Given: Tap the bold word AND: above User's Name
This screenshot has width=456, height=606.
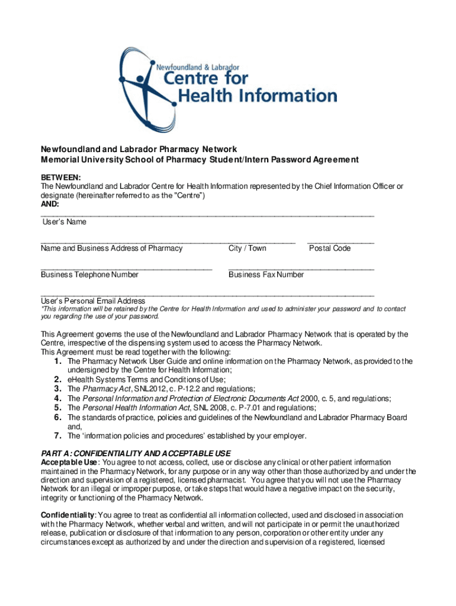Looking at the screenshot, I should pos(50,204).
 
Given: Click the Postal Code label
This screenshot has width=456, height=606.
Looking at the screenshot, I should pos(330,249).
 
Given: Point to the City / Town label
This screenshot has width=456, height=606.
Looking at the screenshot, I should pos(248,249).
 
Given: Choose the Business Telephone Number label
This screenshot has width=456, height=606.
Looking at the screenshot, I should pos(89,275).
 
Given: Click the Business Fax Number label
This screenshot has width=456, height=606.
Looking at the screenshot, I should pos(266,275).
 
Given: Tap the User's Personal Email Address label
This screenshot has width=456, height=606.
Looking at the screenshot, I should pos(93,301).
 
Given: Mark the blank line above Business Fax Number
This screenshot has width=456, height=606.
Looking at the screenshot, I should pos(301,269).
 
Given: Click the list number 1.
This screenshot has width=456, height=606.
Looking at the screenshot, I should pos(57,361).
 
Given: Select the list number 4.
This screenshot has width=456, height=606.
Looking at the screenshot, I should pos(57,398).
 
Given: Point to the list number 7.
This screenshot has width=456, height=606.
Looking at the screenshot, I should pos(57,436).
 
